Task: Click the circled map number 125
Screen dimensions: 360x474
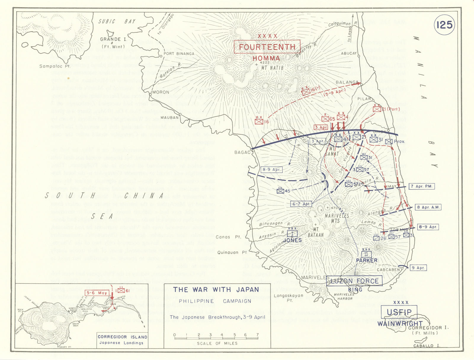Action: click(x=444, y=25)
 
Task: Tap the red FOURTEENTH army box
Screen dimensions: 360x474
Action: click(x=267, y=47)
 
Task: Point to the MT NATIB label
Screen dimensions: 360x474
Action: click(x=272, y=68)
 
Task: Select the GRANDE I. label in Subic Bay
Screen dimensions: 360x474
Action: click(x=111, y=39)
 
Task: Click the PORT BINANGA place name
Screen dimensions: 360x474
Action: click(x=179, y=54)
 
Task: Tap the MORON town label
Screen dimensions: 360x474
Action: click(x=161, y=92)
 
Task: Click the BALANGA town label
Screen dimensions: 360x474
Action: click(x=347, y=82)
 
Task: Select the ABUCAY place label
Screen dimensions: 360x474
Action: click(x=349, y=53)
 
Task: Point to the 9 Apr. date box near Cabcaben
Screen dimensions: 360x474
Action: click(x=418, y=268)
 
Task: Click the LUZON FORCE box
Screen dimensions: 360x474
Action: click(x=354, y=281)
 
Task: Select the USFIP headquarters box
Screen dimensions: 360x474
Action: click(x=399, y=312)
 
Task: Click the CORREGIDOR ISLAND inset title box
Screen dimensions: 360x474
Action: click(x=122, y=340)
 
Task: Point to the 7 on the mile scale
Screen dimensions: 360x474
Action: click(x=257, y=335)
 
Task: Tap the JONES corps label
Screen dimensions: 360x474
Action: click(x=292, y=240)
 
